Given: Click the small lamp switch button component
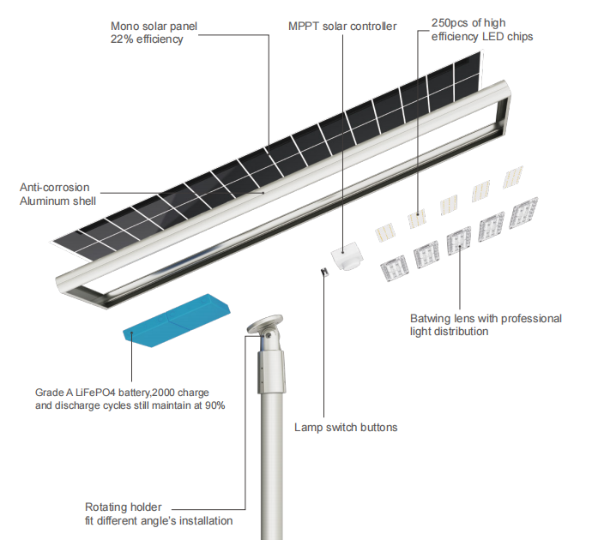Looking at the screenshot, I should [325, 273].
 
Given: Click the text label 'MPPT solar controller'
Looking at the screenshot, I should [342, 26].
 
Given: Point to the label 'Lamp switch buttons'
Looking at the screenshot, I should [346, 427].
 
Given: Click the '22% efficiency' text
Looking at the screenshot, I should [147, 39].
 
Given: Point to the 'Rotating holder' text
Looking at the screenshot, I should [123, 507].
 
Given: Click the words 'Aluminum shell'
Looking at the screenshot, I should [57, 201].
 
